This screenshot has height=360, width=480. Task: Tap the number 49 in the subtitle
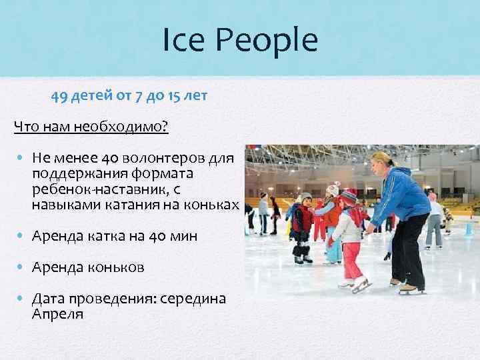click(59, 96)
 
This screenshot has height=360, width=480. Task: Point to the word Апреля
click(57, 313)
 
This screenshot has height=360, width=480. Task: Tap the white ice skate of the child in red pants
click(361, 283)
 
